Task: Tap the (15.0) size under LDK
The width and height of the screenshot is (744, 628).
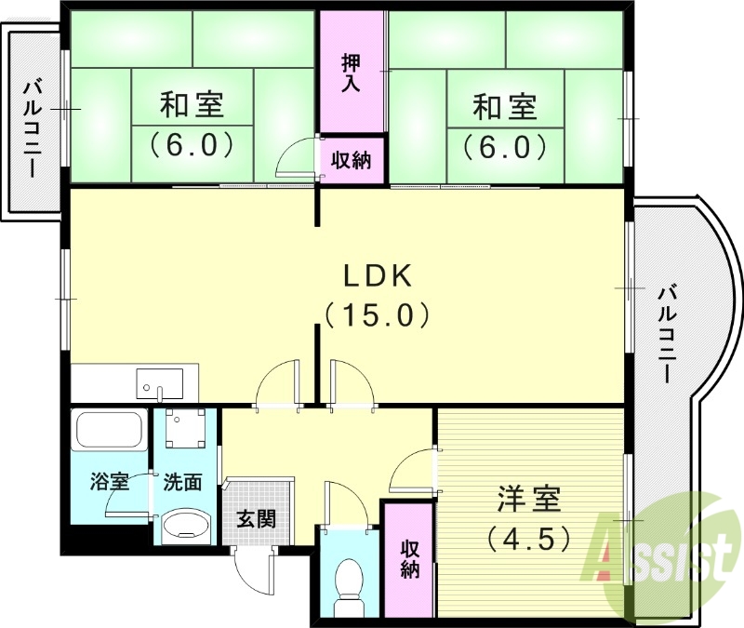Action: (x=377, y=315)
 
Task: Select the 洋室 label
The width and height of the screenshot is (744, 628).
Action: (x=528, y=499)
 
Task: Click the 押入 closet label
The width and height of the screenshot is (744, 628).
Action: (x=352, y=74)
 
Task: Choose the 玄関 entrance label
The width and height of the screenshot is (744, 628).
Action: (x=255, y=518)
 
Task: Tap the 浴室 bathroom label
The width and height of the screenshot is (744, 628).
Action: (x=109, y=482)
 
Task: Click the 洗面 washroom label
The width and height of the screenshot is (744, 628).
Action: (x=183, y=482)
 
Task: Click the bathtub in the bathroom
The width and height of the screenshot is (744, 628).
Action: (x=108, y=431)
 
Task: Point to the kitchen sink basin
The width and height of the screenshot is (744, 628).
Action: (x=159, y=382)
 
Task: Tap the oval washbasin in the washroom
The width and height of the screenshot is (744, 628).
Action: (x=185, y=528)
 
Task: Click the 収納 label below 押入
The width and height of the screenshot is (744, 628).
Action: (x=352, y=160)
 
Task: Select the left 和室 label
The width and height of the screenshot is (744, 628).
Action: (x=192, y=105)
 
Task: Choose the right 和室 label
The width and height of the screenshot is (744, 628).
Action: (x=506, y=107)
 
